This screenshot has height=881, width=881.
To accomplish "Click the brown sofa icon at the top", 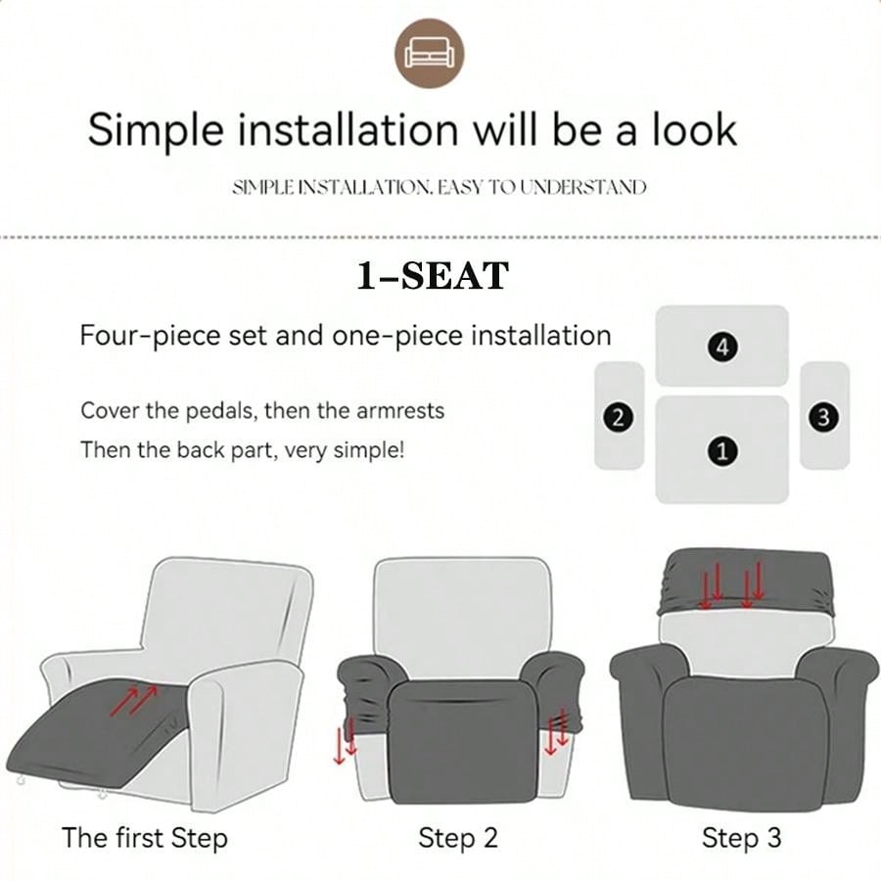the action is coord(430,54).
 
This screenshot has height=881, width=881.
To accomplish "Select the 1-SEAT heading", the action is coord(434,276).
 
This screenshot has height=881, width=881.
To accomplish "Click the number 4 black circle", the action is coord(722,347).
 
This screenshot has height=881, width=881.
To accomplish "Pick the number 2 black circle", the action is coord(618,417).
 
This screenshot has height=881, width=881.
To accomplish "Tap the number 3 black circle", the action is coord(823,417).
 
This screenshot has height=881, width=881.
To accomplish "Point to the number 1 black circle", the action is coord(722,450).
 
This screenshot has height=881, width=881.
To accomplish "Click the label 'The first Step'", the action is coord(145,838).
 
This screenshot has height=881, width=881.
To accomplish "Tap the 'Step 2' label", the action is coord(458,838).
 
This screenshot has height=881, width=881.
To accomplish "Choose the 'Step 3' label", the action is coord(741,838).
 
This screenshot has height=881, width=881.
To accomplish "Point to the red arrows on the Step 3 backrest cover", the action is coord(731,585).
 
